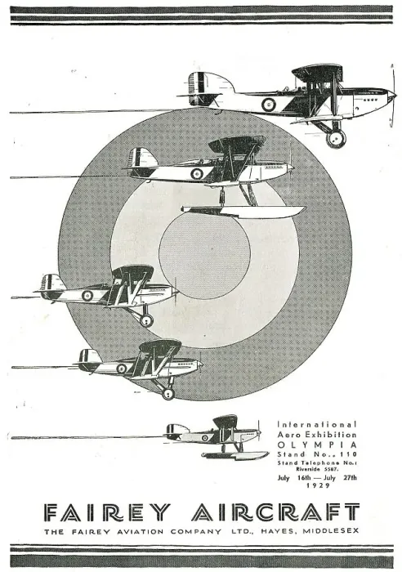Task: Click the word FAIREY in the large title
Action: (x=107, y=512)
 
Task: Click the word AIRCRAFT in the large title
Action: (x=275, y=512)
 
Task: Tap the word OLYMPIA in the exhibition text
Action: (x=317, y=445)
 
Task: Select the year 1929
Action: (x=318, y=485)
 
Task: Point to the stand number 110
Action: (x=346, y=454)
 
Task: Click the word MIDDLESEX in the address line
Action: (x=330, y=531)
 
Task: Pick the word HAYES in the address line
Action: (x=277, y=531)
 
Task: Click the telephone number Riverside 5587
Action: (x=317, y=469)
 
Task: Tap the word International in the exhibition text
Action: (x=317, y=425)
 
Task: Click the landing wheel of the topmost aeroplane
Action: (x=336, y=139)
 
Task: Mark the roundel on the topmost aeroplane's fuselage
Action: (x=269, y=105)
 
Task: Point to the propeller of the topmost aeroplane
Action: (x=393, y=96)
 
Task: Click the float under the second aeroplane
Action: (x=243, y=211)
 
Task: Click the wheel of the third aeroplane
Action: (x=146, y=320)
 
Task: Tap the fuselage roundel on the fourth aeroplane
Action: (x=122, y=369)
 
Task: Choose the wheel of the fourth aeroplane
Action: (x=167, y=393)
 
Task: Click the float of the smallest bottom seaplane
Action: (x=235, y=455)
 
